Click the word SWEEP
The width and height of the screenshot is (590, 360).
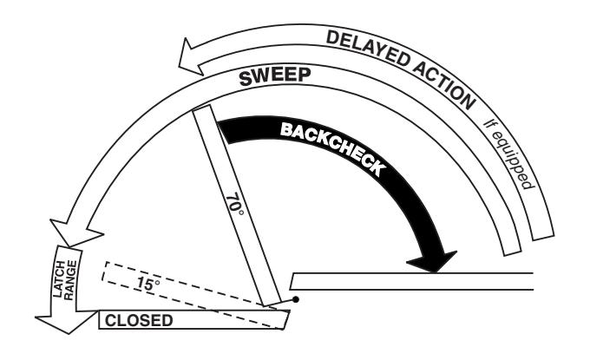(x=275, y=76)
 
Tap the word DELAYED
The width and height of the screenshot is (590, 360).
(x=368, y=49)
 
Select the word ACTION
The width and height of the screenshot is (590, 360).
(x=444, y=83)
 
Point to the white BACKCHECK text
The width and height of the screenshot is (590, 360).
(x=333, y=147)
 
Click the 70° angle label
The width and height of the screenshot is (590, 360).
(x=234, y=205)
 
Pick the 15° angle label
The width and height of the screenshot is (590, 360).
(x=147, y=284)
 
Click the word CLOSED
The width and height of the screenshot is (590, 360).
(x=139, y=320)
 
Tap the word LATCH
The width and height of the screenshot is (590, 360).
(x=59, y=278)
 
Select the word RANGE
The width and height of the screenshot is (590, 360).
(x=70, y=280)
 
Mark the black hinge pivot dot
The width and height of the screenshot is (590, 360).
(x=296, y=299)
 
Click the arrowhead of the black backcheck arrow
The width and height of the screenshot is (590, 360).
(x=432, y=261)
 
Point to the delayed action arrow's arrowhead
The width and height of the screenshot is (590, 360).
(x=191, y=56)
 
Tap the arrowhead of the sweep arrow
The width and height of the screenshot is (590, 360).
(x=76, y=232)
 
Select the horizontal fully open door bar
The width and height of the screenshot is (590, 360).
(x=412, y=281)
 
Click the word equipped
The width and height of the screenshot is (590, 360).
(x=514, y=160)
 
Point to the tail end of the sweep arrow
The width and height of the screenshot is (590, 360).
(x=513, y=252)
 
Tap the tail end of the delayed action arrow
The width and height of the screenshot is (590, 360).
(x=544, y=236)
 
